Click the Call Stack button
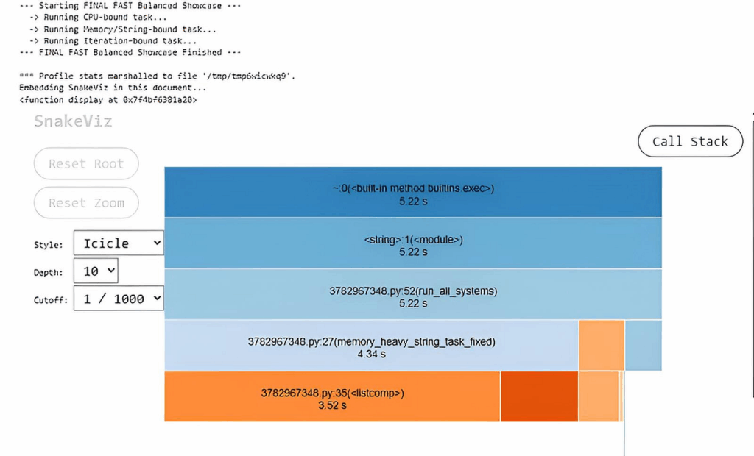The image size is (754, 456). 690,141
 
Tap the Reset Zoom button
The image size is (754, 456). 87,203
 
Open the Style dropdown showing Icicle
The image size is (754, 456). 119,243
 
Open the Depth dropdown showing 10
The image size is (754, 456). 96,271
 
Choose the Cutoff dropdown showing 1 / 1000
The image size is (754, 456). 119,299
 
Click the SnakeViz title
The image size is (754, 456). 73,121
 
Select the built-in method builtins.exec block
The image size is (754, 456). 413,192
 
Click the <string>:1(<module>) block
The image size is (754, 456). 413,243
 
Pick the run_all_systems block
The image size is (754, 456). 413,294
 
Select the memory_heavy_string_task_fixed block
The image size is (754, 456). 371,346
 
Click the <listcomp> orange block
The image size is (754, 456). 332,396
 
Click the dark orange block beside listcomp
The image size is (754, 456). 540,396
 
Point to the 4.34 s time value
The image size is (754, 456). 371,354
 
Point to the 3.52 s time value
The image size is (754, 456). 332,405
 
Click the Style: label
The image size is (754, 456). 48,245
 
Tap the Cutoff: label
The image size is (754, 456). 51,300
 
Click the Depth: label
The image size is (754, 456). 48,272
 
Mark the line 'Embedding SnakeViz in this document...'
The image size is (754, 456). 113,88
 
